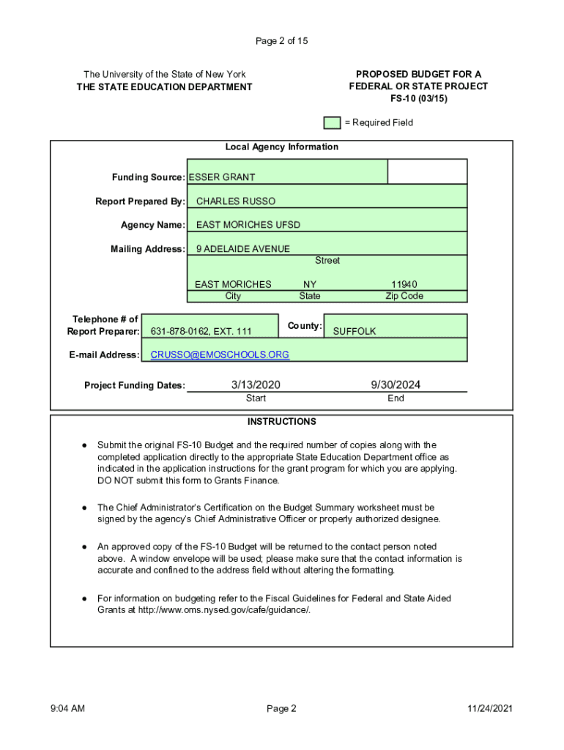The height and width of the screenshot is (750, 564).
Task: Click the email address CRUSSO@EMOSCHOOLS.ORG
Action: [220, 355]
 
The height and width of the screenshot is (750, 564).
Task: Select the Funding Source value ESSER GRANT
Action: [222, 177]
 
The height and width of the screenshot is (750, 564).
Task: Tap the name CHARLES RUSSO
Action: [236, 201]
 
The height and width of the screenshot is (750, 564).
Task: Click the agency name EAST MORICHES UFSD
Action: [248, 225]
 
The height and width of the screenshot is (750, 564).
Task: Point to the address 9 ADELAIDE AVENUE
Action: [242, 249]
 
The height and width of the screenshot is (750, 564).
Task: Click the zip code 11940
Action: [404, 284]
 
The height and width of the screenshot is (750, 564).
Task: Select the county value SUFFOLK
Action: [355, 332]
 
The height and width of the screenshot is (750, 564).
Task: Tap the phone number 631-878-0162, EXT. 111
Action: [201, 332]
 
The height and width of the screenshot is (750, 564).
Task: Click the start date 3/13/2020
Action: [256, 385]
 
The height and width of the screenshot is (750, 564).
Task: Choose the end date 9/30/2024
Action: [396, 385]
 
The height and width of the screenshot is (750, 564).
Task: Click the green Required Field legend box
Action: [333, 122]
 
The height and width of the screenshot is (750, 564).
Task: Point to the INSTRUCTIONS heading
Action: [281, 422]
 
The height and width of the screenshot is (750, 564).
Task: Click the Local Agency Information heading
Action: [281, 147]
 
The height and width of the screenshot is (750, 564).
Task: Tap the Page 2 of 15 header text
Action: [281, 41]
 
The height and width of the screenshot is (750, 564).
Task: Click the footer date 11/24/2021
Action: [491, 708]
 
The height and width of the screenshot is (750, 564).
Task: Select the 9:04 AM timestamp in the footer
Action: [68, 708]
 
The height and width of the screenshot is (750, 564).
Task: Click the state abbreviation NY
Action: [310, 284]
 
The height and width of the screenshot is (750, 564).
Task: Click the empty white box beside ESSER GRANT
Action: [427, 171]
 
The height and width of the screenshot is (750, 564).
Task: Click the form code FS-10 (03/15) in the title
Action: [418, 98]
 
